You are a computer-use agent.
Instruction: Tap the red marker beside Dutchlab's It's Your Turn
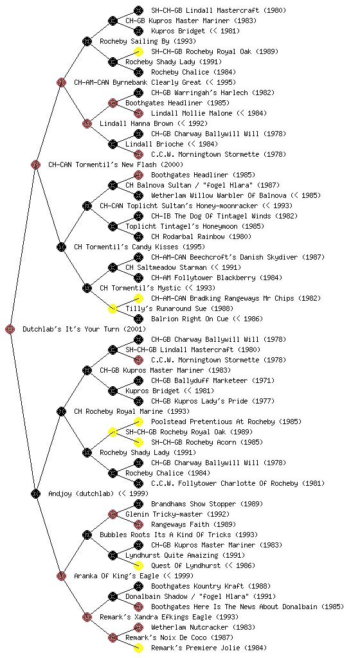[10, 329]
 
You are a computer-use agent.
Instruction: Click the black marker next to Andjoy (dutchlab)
[35, 493]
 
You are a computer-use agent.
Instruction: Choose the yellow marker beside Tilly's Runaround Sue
[113, 308]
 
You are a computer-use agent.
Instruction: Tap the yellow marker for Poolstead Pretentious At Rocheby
[138, 422]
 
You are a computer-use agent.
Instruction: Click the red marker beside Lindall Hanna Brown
[87, 123]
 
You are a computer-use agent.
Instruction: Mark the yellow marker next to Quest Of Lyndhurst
[138, 565]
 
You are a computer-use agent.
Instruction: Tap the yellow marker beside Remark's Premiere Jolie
[138, 648]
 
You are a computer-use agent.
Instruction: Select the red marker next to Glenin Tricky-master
[113, 514]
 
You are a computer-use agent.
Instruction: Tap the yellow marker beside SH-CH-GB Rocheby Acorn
[138, 442]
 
